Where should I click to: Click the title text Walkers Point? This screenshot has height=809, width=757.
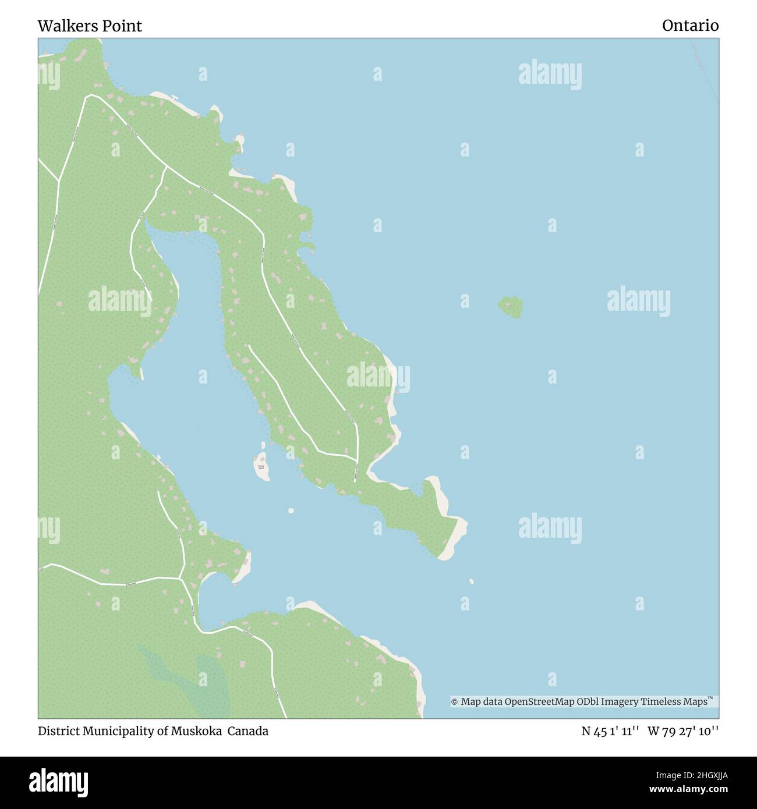pyautogui.click(x=90, y=26)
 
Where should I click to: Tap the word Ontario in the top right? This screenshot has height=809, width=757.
pyautogui.click(x=690, y=26)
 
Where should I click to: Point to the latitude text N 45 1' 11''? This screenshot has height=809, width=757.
pyautogui.click(x=611, y=732)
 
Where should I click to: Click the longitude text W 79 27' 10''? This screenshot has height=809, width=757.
pyautogui.click(x=682, y=732)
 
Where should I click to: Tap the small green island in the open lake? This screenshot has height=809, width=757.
pyautogui.click(x=511, y=307)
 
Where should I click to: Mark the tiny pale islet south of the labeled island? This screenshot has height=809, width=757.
pyautogui.click(x=291, y=511)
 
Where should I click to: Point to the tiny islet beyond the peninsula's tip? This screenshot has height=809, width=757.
pyautogui.click(x=471, y=581)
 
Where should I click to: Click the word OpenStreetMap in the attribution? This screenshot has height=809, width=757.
pyautogui.click(x=532, y=702)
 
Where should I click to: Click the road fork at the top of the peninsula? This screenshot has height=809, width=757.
pyautogui.click(x=167, y=168)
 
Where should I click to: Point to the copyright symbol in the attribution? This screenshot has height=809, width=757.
pyautogui.click(x=455, y=702)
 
